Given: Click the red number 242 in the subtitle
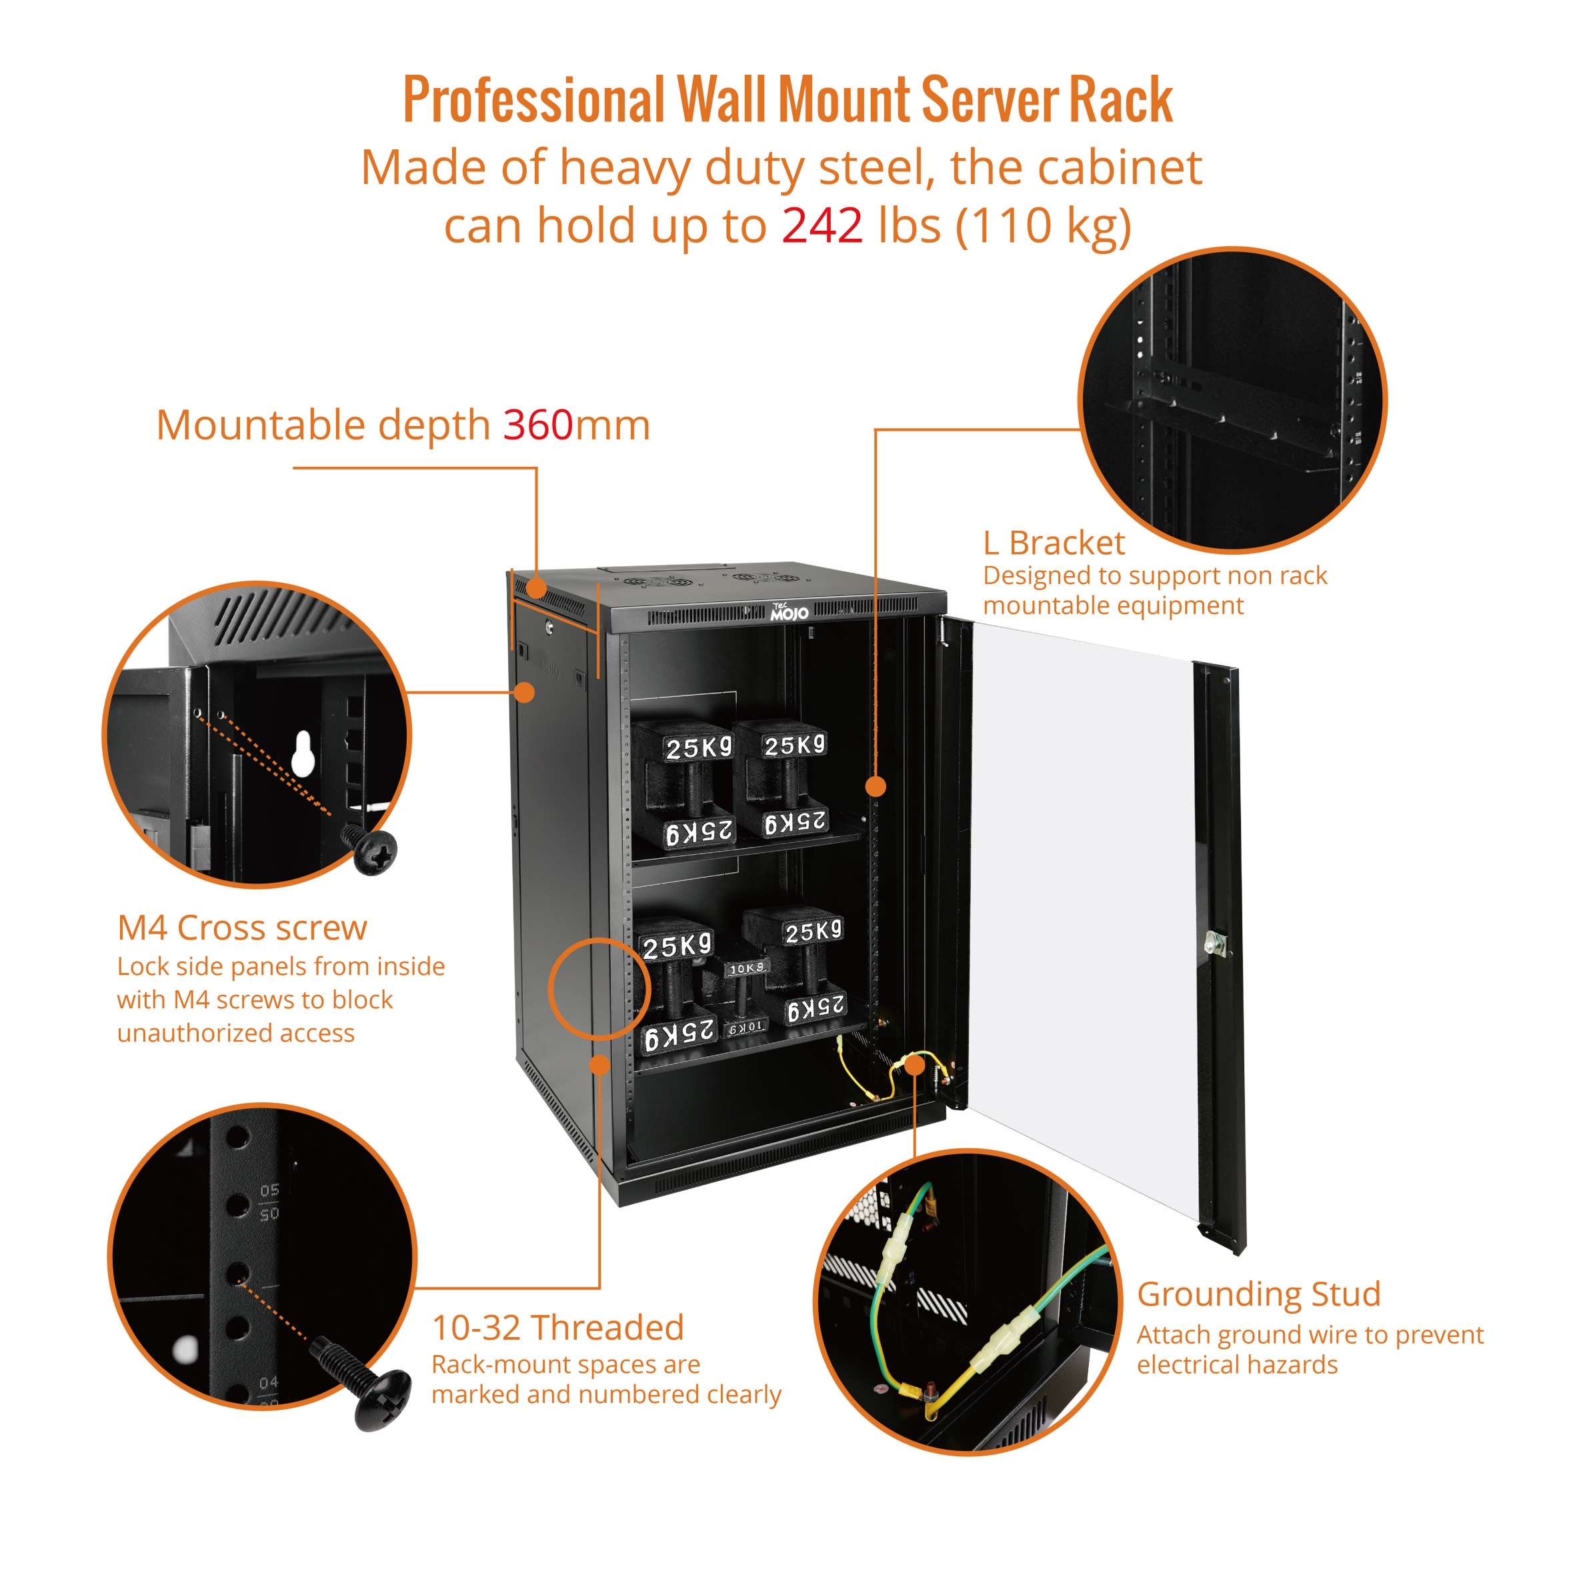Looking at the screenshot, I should [x=822, y=226].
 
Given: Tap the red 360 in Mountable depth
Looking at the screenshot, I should [x=537, y=425].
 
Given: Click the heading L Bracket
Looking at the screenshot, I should [x=1054, y=543].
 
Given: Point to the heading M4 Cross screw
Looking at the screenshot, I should [x=242, y=928].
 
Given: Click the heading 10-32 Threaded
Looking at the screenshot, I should [x=557, y=1328].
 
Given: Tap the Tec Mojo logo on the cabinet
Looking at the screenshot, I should [x=789, y=611].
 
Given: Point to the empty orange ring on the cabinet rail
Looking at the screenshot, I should [x=599, y=989].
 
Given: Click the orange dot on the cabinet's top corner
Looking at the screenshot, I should [x=535, y=587].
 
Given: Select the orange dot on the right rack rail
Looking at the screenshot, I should [x=876, y=787].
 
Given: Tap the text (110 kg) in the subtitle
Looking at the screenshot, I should [x=1044, y=226].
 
